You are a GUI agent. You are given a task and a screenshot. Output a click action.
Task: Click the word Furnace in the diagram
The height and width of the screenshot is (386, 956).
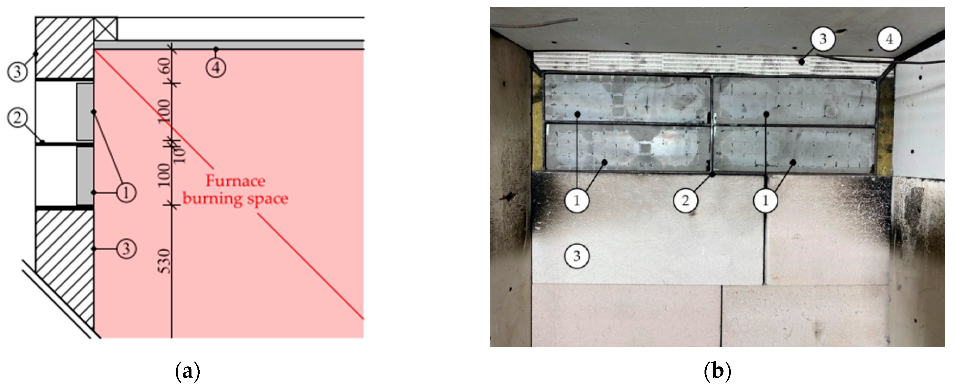click(x=235, y=181)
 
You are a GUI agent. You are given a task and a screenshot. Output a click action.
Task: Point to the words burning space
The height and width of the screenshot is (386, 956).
click(x=235, y=199)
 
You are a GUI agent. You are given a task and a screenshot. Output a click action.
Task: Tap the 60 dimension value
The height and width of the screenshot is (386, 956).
click(x=165, y=66)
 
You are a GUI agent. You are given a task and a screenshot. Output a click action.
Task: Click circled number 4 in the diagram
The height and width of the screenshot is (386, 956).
click(x=216, y=68)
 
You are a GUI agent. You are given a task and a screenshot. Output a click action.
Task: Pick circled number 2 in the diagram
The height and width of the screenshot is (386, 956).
click(x=17, y=118)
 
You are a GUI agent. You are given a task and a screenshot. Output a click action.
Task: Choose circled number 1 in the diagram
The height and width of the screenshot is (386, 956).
click(x=126, y=193)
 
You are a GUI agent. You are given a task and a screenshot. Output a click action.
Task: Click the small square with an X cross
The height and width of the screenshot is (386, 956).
click(x=105, y=29)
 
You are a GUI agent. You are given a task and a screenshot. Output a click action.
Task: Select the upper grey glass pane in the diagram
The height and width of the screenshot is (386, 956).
click(x=85, y=112)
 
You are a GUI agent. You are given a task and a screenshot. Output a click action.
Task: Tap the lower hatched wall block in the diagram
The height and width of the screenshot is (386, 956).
click(x=65, y=267)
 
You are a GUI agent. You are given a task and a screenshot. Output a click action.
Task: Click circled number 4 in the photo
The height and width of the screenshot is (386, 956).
click(x=889, y=39)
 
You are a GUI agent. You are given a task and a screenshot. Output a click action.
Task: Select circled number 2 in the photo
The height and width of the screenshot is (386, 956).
click(x=685, y=201)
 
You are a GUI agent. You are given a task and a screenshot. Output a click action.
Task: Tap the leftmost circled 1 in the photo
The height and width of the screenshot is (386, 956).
click(x=576, y=201)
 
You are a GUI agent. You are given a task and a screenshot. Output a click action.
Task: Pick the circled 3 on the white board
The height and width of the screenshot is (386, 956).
click(x=577, y=256)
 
